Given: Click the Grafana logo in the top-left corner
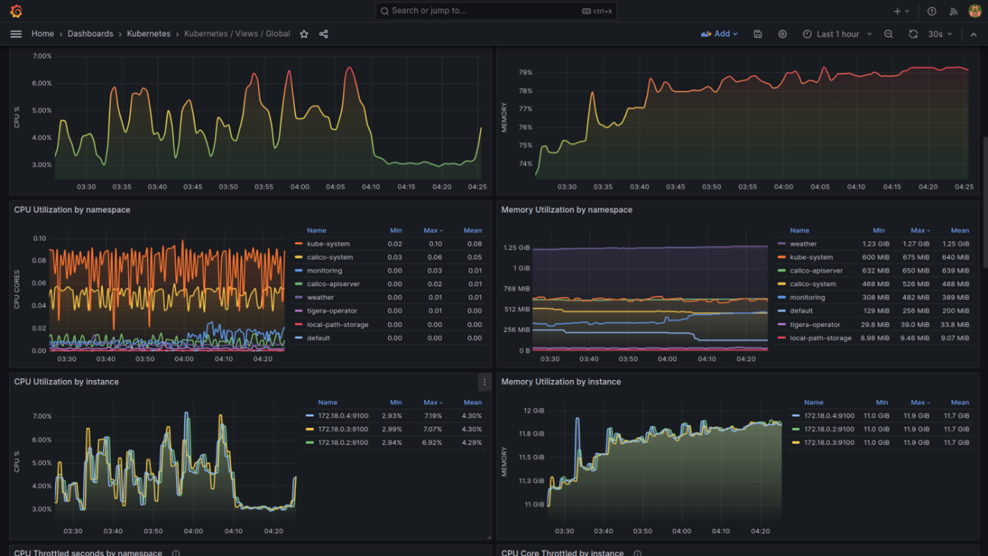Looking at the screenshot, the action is pyautogui.click(x=16, y=11).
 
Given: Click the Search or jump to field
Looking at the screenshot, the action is pyautogui.click(x=496, y=11).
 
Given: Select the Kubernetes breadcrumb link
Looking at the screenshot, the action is pyautogui.click(x=149, y=34).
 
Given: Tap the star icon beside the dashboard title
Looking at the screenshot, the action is pyautogui.click(x=304, y=34).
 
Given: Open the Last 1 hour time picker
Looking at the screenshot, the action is pyautogui.click(x=837, y=34).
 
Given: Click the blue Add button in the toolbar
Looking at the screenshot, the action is pyautogui.click(x=720, y=34).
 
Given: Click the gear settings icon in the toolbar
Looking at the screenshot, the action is pyautogui.click(x=783, y=34).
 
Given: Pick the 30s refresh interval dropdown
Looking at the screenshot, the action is pyautogui.click(x=940, y=34).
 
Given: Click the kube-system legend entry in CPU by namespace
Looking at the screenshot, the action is pyautogui.click(x=328, y=244).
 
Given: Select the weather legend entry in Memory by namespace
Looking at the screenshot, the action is pyautogui.click(x=803, y=244).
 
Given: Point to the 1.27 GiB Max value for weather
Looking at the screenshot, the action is pyautogui.click(x=916, y=244).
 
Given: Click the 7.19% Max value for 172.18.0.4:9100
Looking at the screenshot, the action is pyautogui.click(x=433, y=416).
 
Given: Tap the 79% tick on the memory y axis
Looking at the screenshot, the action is pyautogui.click(x=525, y=72).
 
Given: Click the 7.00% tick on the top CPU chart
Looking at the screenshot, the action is pyautogui.click(x=42, y=56).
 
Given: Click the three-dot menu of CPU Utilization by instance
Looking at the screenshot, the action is pyautogui.click(x=484, y=382).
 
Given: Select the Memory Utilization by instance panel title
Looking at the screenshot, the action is pyautogui.click(x=561, y=381).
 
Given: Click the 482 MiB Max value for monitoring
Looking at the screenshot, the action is pyautogui.click(x=916, y=298).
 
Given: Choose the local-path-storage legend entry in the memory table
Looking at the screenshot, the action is pyautogui.click(x=821, y=338).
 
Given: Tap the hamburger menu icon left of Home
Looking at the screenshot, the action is pyautogui.click(x=16, y=34).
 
